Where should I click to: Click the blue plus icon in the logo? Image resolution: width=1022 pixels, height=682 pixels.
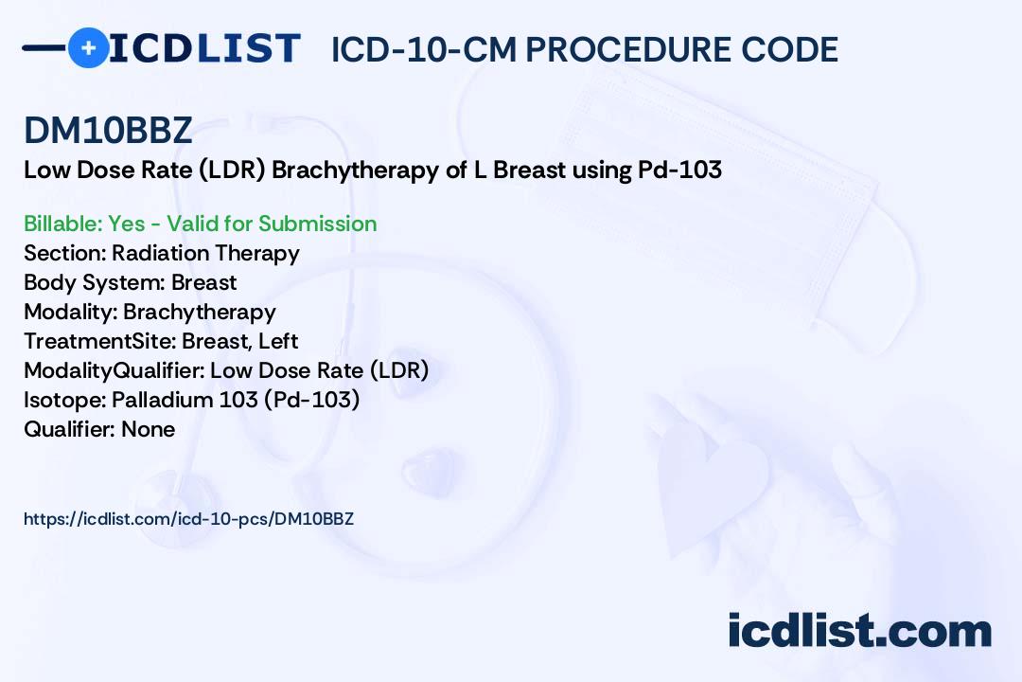(x=88, y=47)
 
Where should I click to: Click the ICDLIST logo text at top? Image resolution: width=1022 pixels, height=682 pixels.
(x=204, y=48)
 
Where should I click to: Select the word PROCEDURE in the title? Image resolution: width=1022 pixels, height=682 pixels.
(x=626, y=49)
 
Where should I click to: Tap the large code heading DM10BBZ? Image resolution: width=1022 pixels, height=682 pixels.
(x=108, y=130)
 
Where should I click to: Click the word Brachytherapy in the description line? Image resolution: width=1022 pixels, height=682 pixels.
(x=355, y=170)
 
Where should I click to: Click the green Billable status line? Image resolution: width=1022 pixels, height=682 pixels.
(x=200, y=224)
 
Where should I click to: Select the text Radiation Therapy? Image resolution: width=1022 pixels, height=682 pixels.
(x=206, y=253)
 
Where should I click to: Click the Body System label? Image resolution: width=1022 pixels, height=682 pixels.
(x=94, y=282)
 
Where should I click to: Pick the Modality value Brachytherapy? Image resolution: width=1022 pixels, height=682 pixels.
(x=200, y=312)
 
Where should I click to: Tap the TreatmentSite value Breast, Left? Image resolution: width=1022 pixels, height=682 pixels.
(x=239, y=341)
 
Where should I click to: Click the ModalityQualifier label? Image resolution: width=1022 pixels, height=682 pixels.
(x=115, y=370)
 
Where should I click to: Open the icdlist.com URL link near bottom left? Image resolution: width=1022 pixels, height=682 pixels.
(x=189, y=519)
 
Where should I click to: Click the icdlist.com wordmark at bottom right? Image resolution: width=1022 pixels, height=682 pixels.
(x=859, y=631)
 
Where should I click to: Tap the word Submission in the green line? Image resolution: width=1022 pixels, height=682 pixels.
(x=318, y=224)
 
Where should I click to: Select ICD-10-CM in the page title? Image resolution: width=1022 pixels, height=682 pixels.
(x=424, y=49)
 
